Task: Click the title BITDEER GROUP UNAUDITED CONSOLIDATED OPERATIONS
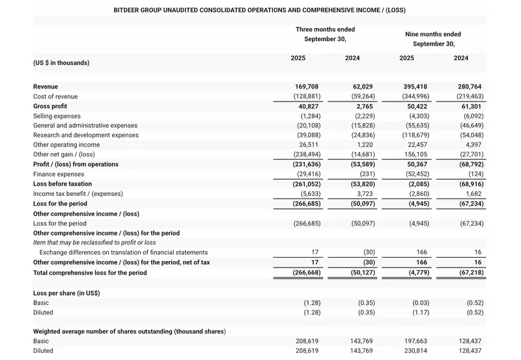coord(259,10)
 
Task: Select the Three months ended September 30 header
coord(325,35)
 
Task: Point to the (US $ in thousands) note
coord(61,63)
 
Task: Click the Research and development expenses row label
coord(85,135)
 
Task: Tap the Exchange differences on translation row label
coord(123,253)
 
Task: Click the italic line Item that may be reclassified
coord(94,242)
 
